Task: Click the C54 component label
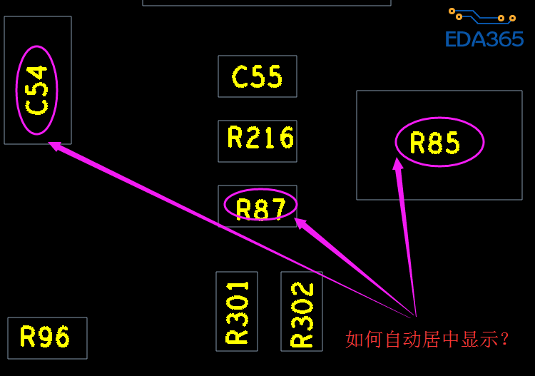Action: (36, 90)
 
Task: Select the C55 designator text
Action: (257, 77)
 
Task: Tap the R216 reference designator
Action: (260, 138)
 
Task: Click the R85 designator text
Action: (435, 144)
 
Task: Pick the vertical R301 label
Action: (237, 311)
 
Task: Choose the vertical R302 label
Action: (302, 314)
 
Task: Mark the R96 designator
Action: (45, 337)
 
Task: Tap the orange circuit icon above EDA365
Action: (481, 15)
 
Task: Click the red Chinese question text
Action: (427, 339)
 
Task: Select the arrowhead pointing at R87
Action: (300, 223)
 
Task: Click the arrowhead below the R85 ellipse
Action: (397, 164)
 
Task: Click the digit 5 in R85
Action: (452, 144)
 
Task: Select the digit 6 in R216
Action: (287, 138)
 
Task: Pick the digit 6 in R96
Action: (62, 337)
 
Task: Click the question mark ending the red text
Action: (505, 339)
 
